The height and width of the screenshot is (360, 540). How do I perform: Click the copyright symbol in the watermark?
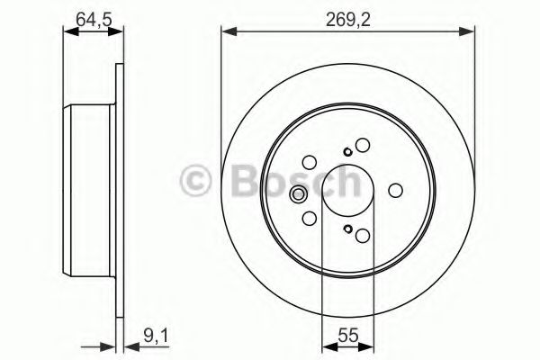click(x=195, y=181)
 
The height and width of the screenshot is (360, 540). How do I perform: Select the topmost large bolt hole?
click(x=363, y=145)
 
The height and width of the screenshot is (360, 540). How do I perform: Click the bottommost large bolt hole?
click(x=363, y=236)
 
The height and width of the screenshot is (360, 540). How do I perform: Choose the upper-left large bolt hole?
click(x=309, y=163)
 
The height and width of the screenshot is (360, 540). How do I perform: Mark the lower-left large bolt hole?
click(x=309, y=219)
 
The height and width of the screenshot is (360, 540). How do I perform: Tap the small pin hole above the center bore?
click(x=347, y=152)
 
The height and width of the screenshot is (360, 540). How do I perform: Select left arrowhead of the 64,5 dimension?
click(x=67, y=31)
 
